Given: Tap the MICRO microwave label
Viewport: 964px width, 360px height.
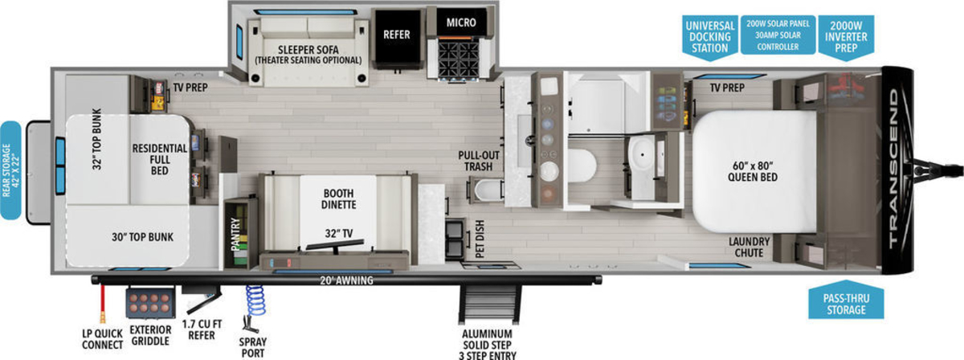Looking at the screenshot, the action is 461,22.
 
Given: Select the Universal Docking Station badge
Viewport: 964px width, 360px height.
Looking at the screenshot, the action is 709,38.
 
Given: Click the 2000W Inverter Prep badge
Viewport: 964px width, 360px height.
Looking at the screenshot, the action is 846,38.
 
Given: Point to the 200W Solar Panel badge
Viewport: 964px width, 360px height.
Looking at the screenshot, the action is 778,35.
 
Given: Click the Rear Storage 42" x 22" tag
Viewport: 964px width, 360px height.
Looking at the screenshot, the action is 10,170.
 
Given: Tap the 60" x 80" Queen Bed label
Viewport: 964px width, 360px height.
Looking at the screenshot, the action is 752,171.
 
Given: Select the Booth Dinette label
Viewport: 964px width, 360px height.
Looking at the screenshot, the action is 338,199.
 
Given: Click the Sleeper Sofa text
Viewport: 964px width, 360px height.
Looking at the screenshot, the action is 308,50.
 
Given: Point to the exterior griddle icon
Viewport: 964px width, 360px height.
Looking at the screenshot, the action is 150,303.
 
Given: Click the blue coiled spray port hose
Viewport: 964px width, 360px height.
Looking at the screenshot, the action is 256,301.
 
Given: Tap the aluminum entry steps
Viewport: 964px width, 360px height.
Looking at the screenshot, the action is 488,305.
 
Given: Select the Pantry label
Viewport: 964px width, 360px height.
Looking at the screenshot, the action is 235,235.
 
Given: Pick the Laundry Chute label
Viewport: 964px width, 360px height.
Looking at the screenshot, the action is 749,247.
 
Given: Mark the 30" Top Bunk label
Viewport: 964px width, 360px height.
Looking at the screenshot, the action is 142,237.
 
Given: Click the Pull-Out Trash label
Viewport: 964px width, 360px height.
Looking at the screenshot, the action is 479,161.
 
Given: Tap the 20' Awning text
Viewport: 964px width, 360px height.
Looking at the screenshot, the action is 346,280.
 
